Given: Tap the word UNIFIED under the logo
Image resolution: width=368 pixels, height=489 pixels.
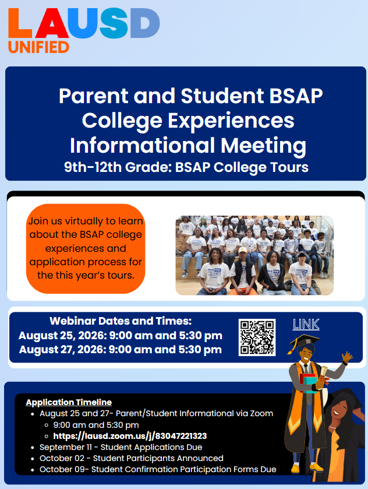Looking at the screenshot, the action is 38,47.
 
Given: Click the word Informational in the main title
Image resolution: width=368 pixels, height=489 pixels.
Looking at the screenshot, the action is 143,146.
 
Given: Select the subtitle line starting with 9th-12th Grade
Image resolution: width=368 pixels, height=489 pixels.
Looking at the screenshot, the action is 186,167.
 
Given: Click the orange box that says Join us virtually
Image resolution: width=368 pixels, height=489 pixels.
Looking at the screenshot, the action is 86,248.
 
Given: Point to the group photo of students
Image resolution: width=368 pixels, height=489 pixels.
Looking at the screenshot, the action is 254,255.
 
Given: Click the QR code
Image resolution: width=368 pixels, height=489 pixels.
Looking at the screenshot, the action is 257,337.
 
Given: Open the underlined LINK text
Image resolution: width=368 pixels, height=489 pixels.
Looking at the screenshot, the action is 306,325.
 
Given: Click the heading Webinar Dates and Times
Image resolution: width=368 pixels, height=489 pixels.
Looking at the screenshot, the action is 121,321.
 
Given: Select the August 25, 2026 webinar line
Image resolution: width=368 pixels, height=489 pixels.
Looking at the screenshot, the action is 121,336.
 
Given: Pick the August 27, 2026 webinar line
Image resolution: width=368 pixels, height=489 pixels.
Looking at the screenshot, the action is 121,350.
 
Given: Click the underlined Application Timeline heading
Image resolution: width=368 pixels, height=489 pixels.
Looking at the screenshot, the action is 69,402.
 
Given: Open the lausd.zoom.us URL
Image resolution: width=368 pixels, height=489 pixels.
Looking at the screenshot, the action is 130,436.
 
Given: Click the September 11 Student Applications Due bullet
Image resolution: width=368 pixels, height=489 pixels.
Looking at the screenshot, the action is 121,447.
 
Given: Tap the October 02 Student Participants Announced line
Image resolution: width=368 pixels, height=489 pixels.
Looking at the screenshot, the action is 131,458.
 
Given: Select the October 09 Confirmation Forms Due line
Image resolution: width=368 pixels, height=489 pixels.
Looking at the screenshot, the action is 158,469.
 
